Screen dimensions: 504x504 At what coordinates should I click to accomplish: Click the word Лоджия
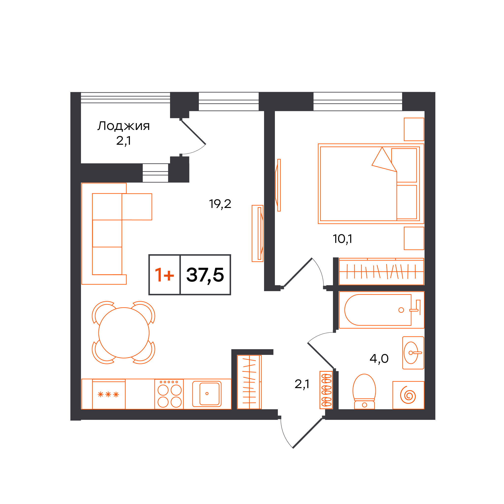[124, 126]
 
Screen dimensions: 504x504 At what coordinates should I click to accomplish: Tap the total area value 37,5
[205, 275]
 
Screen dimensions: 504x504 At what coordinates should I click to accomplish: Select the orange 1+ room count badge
[164, 275]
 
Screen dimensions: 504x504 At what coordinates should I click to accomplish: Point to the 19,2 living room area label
[220, 204]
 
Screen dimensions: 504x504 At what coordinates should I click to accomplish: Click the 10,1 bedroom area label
[343, 239]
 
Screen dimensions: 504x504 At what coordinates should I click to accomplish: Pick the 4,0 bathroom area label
[379, 359]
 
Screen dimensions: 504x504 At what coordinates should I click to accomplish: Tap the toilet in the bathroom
[364, 391]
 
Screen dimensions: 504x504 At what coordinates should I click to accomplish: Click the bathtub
[381, 310]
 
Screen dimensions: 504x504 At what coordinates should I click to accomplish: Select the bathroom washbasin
[413, 353]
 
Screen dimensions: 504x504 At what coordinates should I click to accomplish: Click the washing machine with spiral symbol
[408, 395]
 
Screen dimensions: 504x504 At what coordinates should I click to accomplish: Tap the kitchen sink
[207, 394]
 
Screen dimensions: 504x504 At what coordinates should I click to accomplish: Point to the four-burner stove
[169, 394]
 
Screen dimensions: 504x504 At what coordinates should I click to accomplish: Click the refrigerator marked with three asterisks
[109, 394]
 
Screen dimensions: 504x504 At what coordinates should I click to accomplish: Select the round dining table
[124, 333]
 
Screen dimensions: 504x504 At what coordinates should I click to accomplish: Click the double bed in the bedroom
[371, 184]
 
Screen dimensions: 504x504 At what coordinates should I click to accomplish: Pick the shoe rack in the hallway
[326, 390]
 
